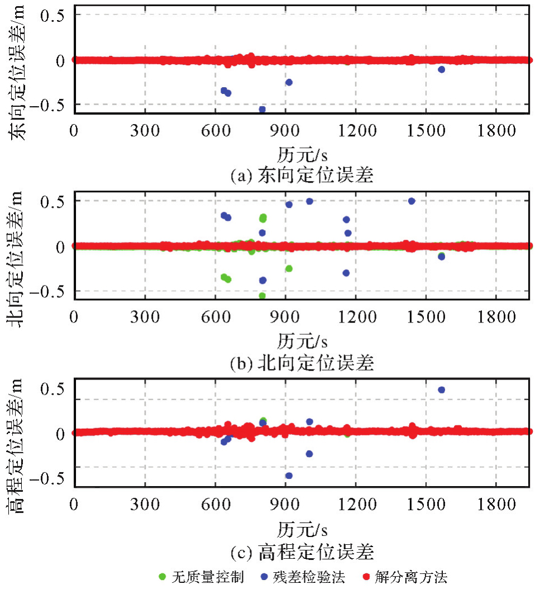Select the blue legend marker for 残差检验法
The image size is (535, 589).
click(x=262, y=576)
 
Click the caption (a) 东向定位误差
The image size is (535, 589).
click(x=302, y=176)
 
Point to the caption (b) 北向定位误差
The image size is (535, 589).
click(x=302, y=363)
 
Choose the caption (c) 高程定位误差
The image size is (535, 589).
click(x=302, y=553)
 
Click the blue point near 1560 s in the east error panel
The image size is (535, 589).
click(x=441, y=69)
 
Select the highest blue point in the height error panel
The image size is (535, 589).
click(x=441, y=389)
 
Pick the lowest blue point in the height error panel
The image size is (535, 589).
click(x=289, y=476)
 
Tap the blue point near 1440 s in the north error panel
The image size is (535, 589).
click(x=412, y=201)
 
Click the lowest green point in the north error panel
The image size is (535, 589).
click(x=262, y=296)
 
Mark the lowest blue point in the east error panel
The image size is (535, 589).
click(x=262, y=110)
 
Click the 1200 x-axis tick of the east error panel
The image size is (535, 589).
click(x=356, y=130)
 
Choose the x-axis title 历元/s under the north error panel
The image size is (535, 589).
click(x=302, y=340)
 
